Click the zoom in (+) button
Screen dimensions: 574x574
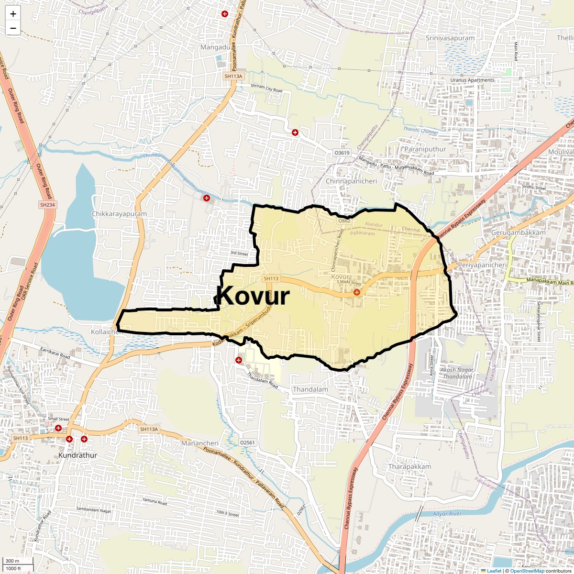tap(13, 14)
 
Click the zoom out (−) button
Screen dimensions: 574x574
tap(13, 28)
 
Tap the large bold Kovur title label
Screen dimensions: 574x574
tap(253, 296)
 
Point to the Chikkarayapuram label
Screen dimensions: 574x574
tap(119, 214)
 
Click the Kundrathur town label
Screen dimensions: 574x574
tap(77, 455)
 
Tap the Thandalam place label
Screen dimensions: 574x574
tap(310, 389)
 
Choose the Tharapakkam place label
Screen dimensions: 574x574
tap(410, 466)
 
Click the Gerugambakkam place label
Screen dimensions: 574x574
tap(518, 232)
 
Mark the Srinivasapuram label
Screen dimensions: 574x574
tap(450, 38)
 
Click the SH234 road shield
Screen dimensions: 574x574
tap(47, 205)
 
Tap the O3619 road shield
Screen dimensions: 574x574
tap(342, 153)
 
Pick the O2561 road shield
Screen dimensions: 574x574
tap(247, 443)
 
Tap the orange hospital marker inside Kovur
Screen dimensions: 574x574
tap(356, 292)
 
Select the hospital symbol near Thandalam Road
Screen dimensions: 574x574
tap(238, 360)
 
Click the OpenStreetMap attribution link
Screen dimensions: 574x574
tap(527, 571)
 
